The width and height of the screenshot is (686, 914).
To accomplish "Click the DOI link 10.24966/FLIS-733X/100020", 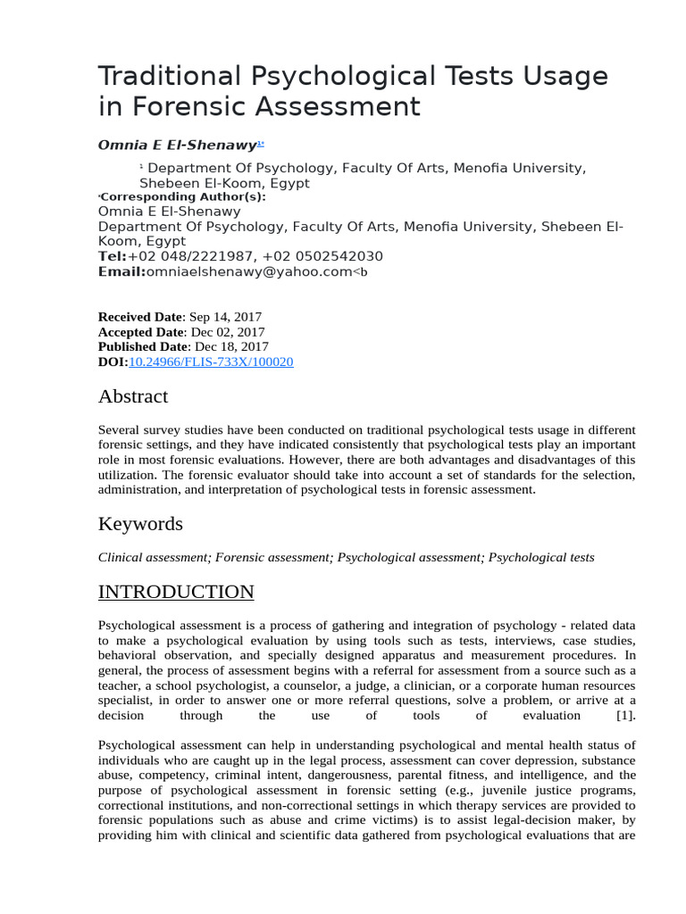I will pyautogui.click(x=211, y=361).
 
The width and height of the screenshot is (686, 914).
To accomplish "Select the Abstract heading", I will pyautogui.click(x=132, y=395).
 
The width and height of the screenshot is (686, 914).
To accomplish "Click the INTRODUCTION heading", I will pyautogui.click(x=175, y=592).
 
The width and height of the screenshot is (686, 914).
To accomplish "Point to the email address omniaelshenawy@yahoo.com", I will pyautogui.click(x=249, y=271).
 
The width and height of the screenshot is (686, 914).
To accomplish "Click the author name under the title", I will pyautogui.click(x=177, y=145).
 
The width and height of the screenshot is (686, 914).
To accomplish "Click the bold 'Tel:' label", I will pyautogui.click(x=113, y=256).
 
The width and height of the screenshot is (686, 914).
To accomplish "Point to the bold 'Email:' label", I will pyautogui.click(x=121, y=271).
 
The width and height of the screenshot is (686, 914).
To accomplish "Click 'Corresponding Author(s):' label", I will pyautogui.click(x=183, y=196).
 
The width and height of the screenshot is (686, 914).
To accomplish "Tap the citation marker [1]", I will pyautogui.click(x=625, y=716).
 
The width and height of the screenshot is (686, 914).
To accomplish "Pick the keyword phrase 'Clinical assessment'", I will pyautogui.click(x=153, y=557).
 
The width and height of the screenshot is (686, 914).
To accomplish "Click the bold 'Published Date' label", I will pyautogui.click(x=143, y=346).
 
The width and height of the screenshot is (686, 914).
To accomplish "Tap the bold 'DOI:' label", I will pyautogui.click(x=113, y=361).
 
